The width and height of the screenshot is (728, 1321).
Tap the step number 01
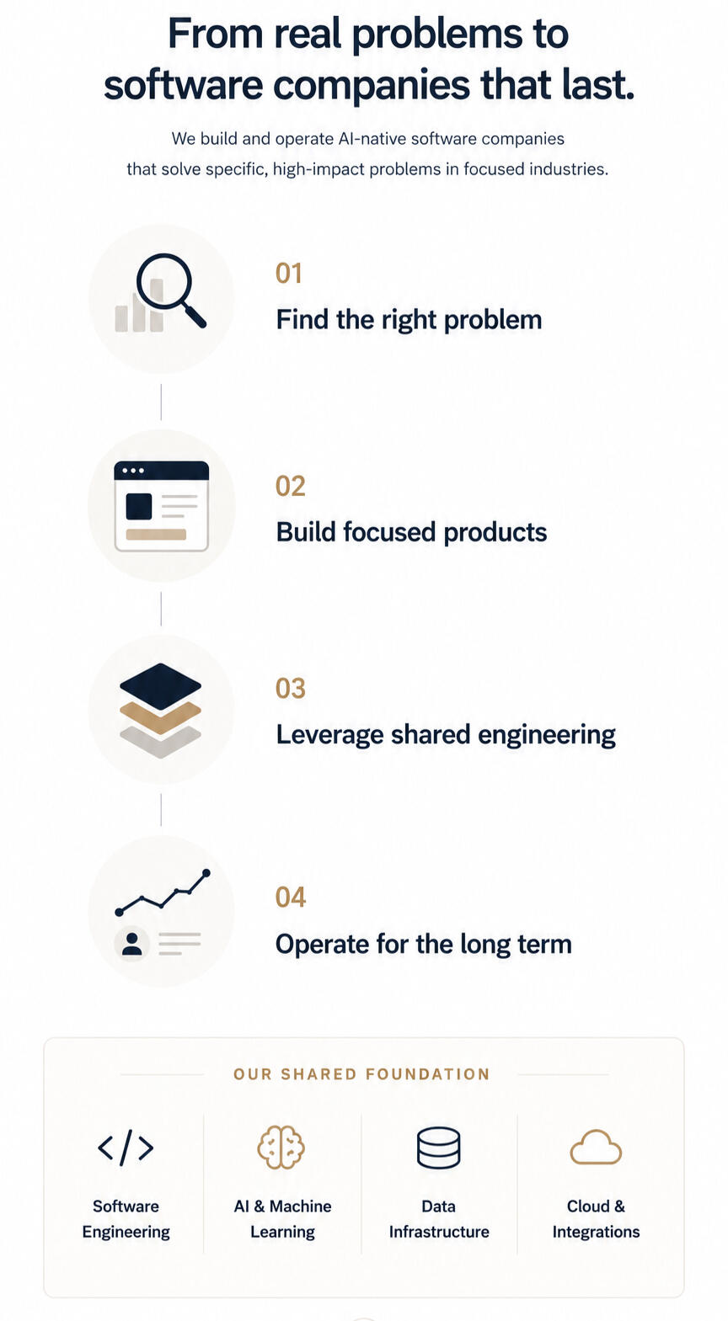289,274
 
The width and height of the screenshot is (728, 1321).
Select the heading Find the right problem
409,320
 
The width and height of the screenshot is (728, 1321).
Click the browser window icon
161,506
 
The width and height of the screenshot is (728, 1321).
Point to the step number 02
291,487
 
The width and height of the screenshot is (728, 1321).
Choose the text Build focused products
411,533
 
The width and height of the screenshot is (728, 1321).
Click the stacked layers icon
161,710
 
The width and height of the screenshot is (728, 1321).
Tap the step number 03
291,689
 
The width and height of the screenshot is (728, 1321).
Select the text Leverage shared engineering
446,735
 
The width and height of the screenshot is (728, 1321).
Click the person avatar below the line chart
131,943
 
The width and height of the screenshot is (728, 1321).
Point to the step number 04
291,898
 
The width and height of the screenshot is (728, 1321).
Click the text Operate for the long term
423,945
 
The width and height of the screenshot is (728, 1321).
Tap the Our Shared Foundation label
362,1074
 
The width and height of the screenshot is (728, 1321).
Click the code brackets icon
126,1148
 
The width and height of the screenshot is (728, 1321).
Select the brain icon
281,1147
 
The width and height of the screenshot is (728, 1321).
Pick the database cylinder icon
439,1148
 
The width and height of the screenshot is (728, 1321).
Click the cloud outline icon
596,1147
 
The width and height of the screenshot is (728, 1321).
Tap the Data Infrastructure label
439,1218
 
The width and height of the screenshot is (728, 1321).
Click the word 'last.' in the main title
598,85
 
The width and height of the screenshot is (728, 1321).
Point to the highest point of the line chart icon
206,872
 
